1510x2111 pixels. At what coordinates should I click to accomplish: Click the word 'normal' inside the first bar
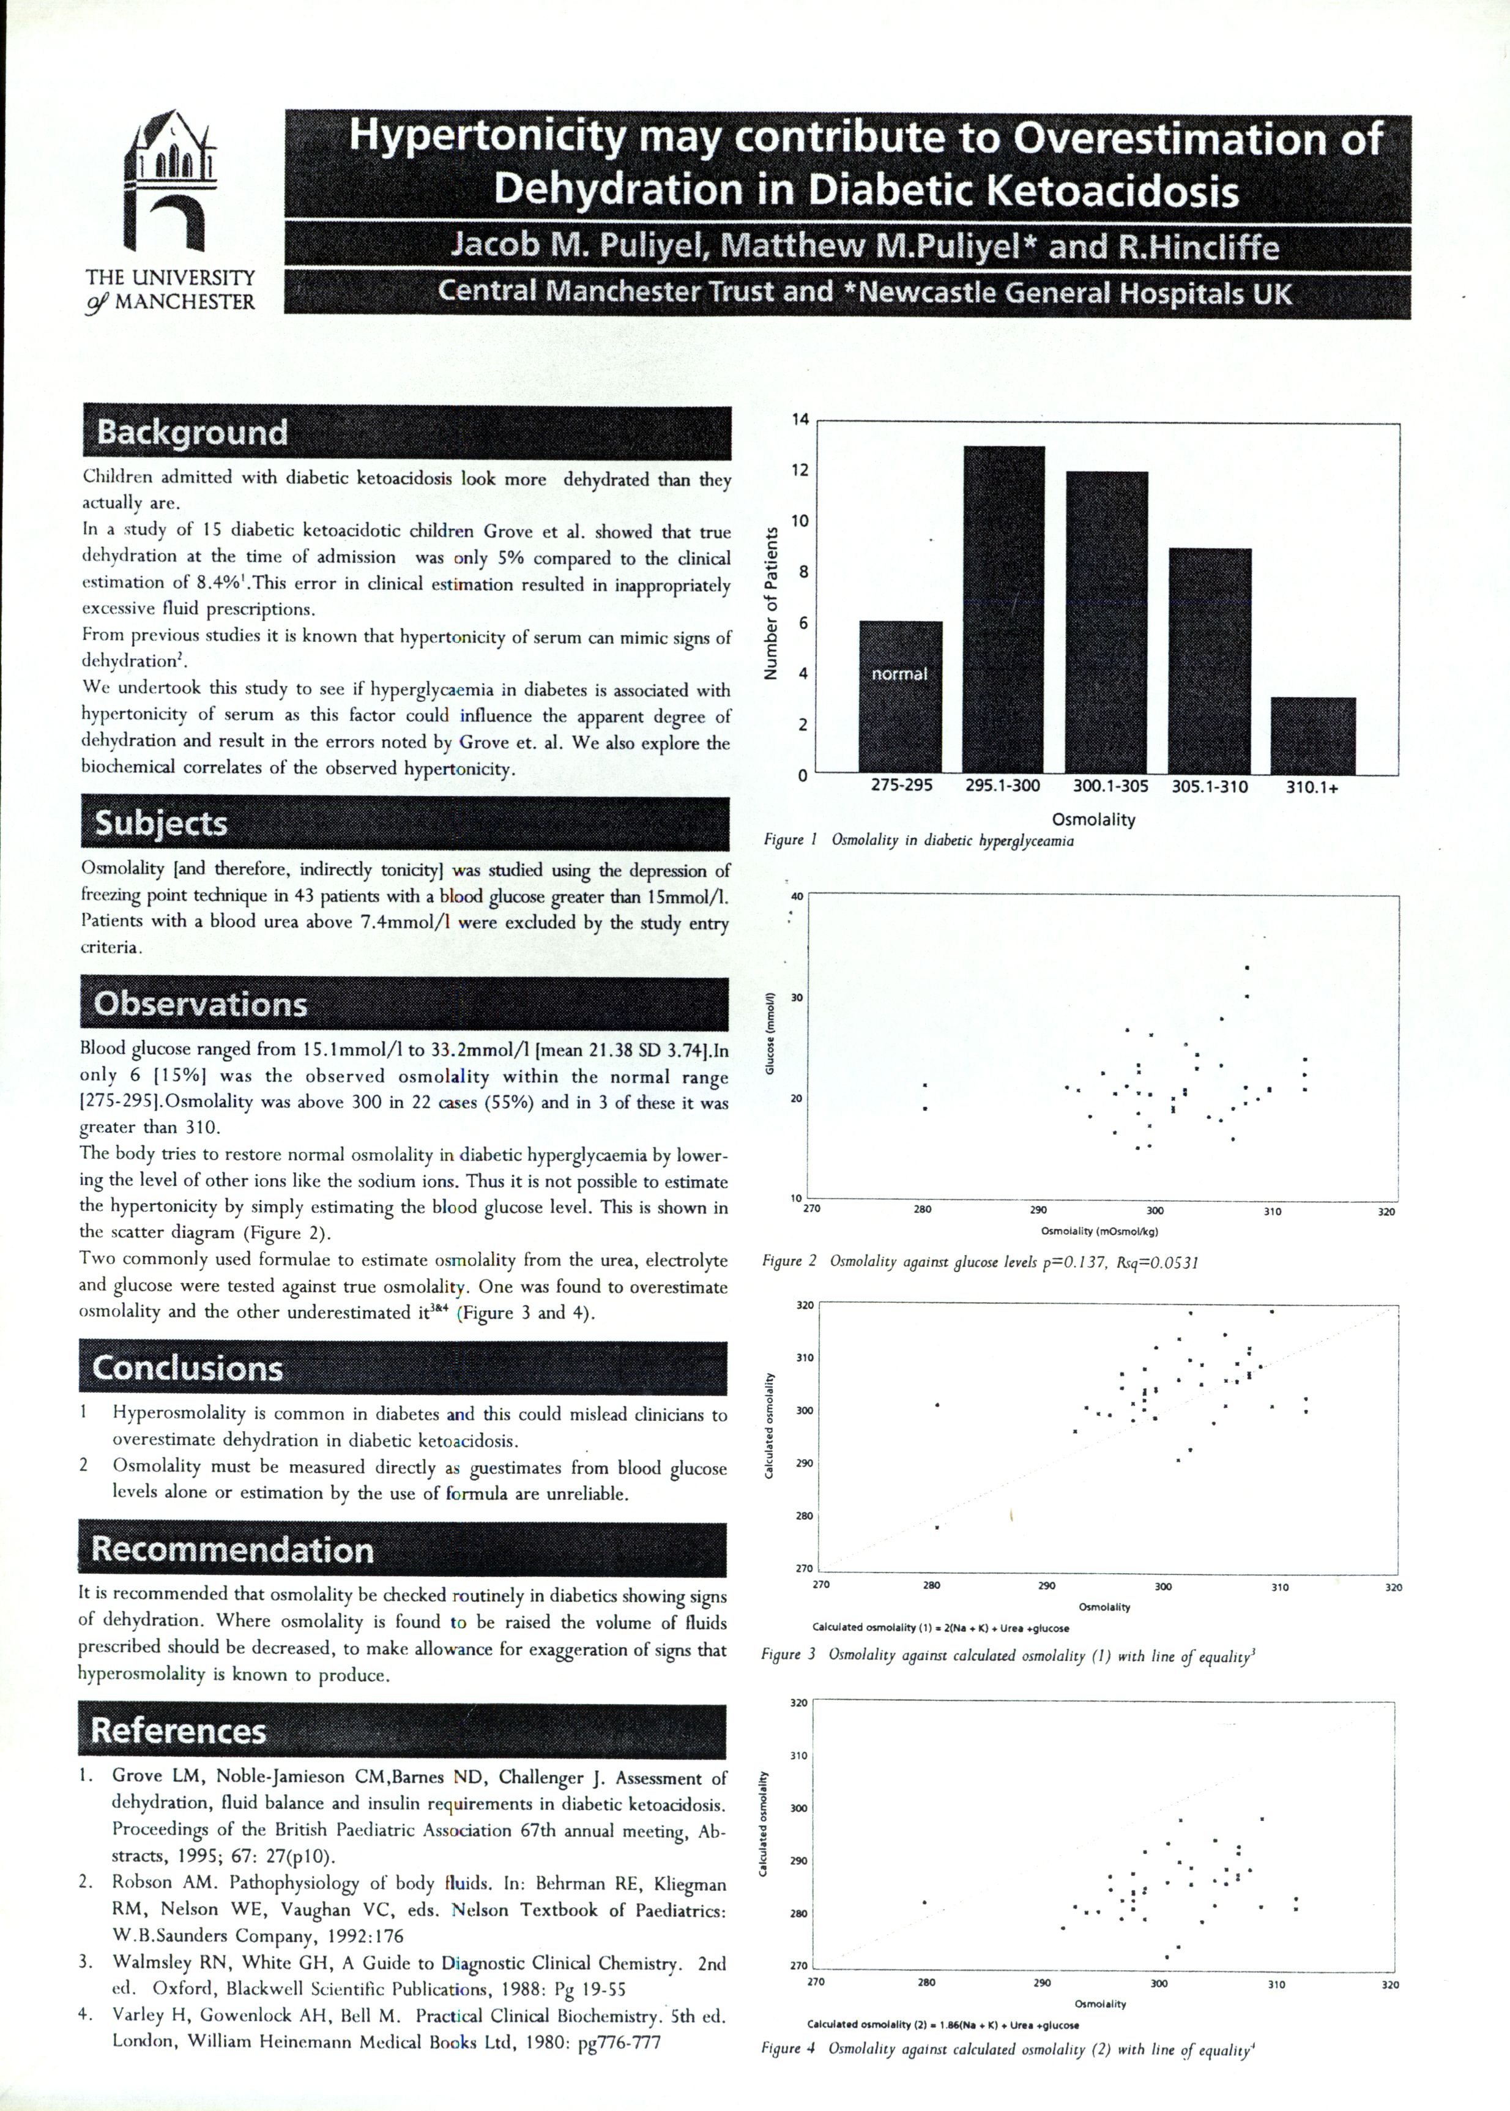tap(899, 673)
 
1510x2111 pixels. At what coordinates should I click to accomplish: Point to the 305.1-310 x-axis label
tap(1209, 786)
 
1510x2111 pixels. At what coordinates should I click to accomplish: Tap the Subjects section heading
tap(161, 823)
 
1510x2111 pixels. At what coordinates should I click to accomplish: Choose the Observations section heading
tap(200, 1004)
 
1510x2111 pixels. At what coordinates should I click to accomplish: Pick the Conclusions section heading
tap(187, 1369)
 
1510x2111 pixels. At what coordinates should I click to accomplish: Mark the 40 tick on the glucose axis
tap(796, 896)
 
